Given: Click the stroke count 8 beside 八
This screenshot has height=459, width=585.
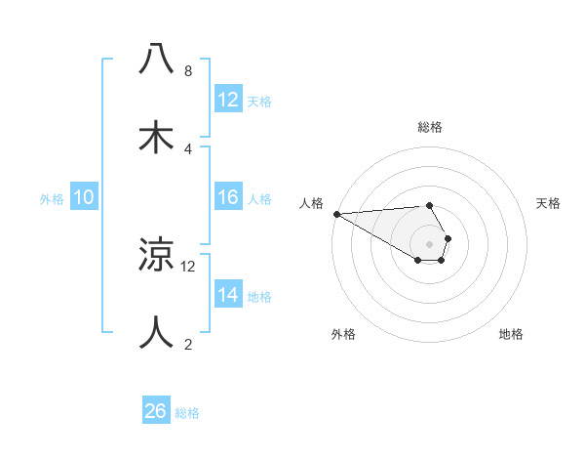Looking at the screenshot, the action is pyautogui.click(x=187, y=71).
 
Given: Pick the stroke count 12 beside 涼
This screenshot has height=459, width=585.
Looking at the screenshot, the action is pyautogui.click(x=188, y=266).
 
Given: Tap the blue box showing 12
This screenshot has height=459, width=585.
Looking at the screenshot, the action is pyautogui.click(x=228, y=100).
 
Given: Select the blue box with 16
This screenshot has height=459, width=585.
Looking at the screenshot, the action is pyautogui.click(x=228, y=197).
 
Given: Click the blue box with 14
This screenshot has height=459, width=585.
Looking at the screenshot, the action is pyautogui.click(x=228, y=295).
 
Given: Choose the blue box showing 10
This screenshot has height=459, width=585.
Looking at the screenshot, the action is pyautogui.click(x=84, y=197).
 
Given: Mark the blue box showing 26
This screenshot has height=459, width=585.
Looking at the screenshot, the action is pyautogui.click(x=156, y=411).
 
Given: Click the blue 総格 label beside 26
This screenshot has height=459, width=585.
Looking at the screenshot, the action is pyautogui.click(x=187, y=413).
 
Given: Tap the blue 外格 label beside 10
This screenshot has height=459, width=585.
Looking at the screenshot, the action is pyautogui.click(x=52, y=199).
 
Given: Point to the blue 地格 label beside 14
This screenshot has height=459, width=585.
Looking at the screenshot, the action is pyautogui.click(x=259, y=297).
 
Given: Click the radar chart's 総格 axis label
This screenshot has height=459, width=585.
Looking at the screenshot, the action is pyautogui.click(x=430, y=127).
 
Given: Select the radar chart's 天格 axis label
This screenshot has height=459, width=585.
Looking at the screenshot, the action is pyautogui.click(x=549, y=203).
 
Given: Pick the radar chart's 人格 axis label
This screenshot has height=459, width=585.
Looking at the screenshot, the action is pyautogui.click(x=310, y=203).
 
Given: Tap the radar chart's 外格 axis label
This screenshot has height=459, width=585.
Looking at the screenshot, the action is pyautogui.click(x=343, y=334).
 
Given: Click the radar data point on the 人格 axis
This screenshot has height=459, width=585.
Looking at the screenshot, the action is pyautogui.click(x=336, y=214).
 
